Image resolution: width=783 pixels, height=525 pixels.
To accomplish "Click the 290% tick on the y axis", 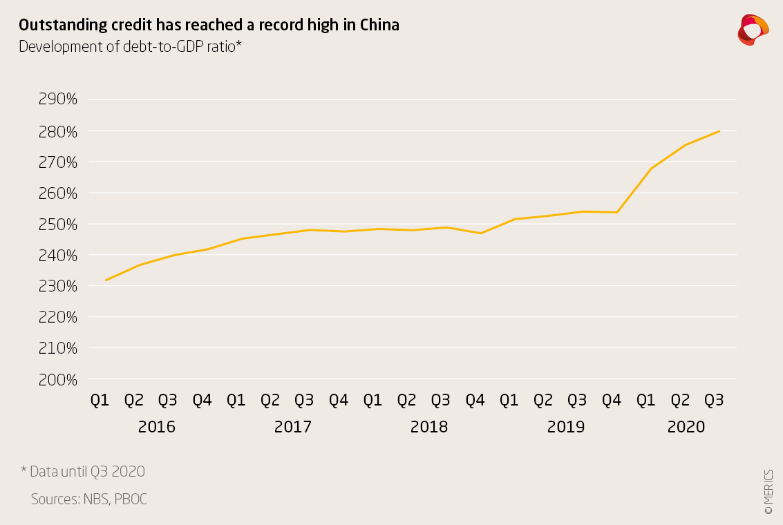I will coord(57,99).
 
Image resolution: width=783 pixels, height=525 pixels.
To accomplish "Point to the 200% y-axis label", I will coord(57,379).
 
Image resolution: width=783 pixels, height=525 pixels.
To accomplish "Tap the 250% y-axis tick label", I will coord(57,224).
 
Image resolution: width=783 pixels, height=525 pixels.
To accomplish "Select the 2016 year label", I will coord(157,427).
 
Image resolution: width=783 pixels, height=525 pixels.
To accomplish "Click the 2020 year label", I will coord(686,427).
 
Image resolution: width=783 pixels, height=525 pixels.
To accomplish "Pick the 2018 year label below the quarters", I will coord(429,427).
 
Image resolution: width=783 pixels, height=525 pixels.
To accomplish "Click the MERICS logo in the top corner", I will coord(753,29).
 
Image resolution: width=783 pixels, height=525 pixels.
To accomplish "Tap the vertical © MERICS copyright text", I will coord(768,491).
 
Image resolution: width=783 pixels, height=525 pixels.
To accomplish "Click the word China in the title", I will coord(379,26).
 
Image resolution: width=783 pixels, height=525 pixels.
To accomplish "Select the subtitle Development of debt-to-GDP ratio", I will coord(130,47).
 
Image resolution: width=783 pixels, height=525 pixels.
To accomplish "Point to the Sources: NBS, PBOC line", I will coord(89,499).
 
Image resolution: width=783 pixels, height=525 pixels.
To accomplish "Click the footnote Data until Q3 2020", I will coord(83,472).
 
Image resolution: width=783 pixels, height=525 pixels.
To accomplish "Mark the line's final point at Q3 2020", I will coord(719,131).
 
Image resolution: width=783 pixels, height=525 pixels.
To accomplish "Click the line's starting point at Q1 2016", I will coord(106,280).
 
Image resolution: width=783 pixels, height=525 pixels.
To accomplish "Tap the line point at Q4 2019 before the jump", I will coord(616,212).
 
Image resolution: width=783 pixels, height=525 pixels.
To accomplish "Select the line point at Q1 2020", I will coord(651,168).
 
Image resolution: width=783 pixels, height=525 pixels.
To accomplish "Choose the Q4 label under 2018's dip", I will coord(475,400).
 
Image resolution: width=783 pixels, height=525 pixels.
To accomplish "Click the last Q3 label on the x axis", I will coord(714,400).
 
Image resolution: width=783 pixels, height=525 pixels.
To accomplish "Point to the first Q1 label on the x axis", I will coord(100,400).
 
